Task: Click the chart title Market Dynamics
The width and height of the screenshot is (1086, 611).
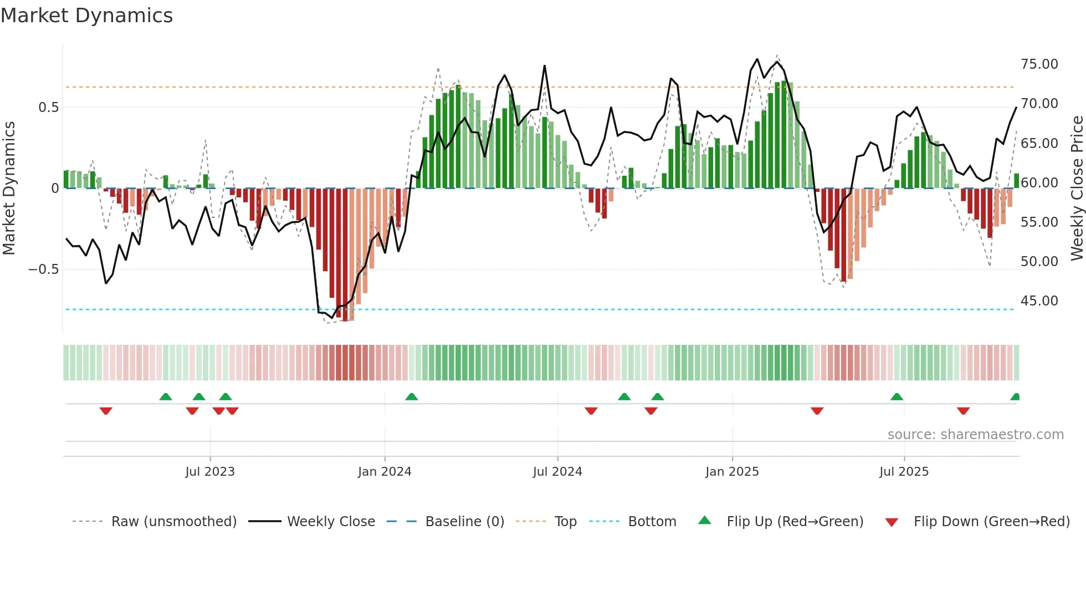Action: (x=86, y=16)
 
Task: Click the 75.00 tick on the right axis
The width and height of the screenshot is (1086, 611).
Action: (x=1039, y=64)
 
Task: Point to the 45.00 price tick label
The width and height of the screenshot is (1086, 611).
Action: (x=1039, y=301)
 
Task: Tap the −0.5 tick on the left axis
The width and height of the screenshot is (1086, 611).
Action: (x=43, y=269)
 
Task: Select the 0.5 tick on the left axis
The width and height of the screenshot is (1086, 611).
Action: (x=48, y=108)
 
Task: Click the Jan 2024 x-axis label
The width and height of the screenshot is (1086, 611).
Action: (x=385, y=472)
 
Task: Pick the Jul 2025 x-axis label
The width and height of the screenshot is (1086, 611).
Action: (x=904, y=472)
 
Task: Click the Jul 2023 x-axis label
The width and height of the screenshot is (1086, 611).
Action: (x=210, y=472)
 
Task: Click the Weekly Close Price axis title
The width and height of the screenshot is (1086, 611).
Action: (x=1077, y=188)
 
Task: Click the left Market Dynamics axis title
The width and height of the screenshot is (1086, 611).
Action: (x=9, y=188)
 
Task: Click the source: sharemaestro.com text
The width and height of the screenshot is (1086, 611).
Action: (x=975, y=435)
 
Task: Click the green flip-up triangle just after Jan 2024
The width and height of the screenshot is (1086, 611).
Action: (x=411, y=397)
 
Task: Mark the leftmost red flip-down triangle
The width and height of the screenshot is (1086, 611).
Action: (x=106, y=411)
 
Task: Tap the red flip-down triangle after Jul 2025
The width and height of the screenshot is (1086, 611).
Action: (x=963, y=411)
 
